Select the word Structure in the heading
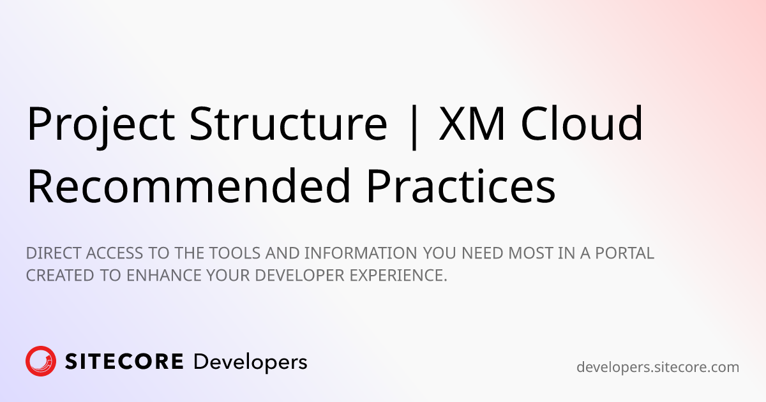pyautogui.click(x=289, y=123)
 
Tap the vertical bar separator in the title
pyautogui.click(x=414, y=127)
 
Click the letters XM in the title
pyautogui.click(x=472, y=123)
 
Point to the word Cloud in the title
pyautogui.click(x=582, y=123)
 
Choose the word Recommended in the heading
pyautogui.click(x=189, y=186)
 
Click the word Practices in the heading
pyautogui.click(x=461, y=186)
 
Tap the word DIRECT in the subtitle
pyautogui.click(x=54, y=253)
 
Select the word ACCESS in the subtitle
pyautogui.click(x=114, y=253)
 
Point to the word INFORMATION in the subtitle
pyautogui.click(x=361, y=253)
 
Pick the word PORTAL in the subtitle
pyautogui.click(x=624, y=253)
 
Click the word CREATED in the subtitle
pyautogui.click(x=60, y=276)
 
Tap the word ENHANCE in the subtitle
pyautogui.click(x=164, y=276)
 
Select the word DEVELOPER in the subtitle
pyautogui.click(x=299, y=276)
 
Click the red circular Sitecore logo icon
pyautogui.click(x=41, y=361)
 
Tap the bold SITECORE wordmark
pyautogui.click(x=124, y=361)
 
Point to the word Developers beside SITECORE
pyautogui.click(x=250, y=363)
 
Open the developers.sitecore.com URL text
pyautogui.click(x=657, y=368)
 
